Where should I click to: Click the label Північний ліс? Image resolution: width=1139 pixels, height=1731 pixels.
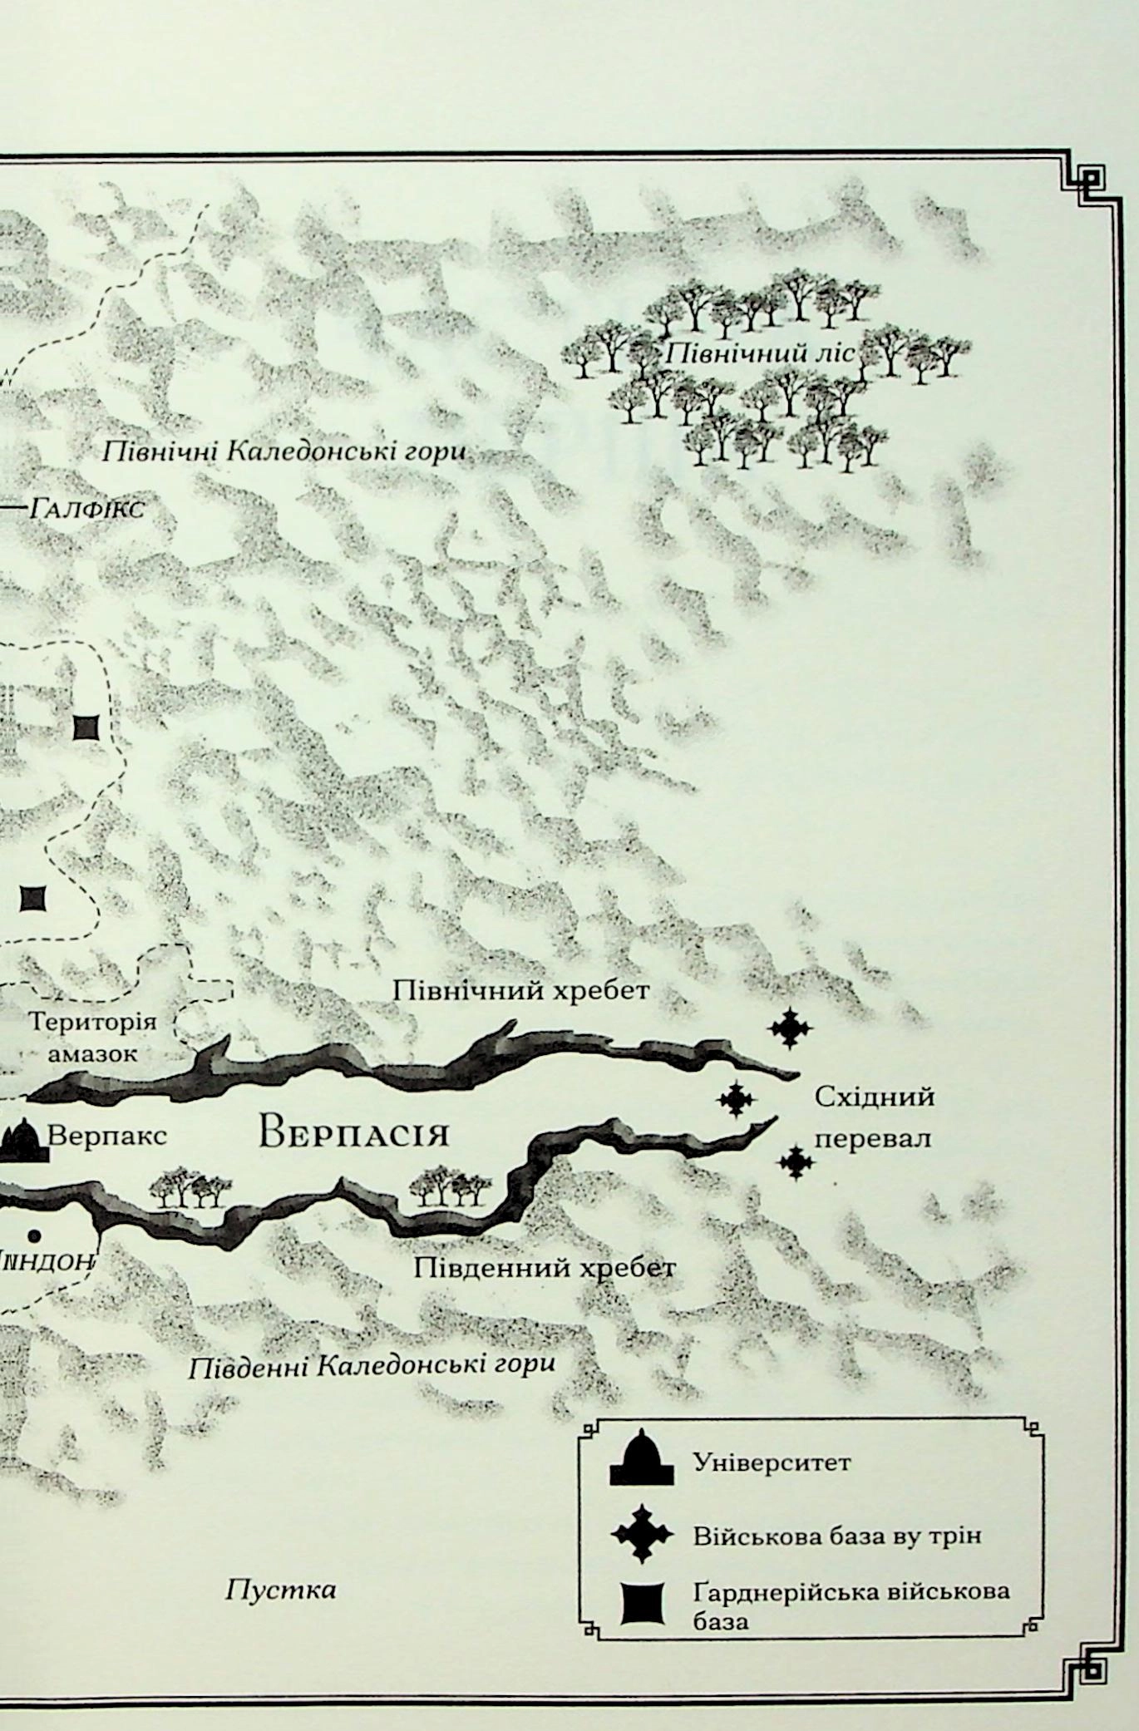pos(759,353)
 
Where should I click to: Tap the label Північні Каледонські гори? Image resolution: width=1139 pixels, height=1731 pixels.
pos(283,453)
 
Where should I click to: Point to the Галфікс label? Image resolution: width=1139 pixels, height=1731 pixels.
pos(86,508)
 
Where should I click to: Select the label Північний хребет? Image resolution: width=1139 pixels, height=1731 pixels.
pos(520,991)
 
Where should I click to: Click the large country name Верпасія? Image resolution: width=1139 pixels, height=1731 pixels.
pos(353,1133)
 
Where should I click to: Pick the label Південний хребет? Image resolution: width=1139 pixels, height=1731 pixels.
pos(545,1268)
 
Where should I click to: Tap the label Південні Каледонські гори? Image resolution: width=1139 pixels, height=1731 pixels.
pos(371,1365)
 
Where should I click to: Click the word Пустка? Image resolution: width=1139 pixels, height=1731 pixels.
pos(280,1590)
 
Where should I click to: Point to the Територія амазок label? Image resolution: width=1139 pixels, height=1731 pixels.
pos(92,1037)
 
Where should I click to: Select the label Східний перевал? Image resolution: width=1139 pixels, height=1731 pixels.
pos(874,1117)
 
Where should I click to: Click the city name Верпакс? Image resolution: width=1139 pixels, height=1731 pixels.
pos(107,1135)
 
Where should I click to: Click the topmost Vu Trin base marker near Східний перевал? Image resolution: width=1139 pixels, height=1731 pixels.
pos(790,1028)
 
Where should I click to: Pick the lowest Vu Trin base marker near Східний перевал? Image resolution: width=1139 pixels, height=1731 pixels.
pos(796,1162)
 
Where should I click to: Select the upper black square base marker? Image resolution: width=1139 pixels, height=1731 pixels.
pos(86,727)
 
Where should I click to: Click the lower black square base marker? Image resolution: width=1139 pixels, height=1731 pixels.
pos(32,898)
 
